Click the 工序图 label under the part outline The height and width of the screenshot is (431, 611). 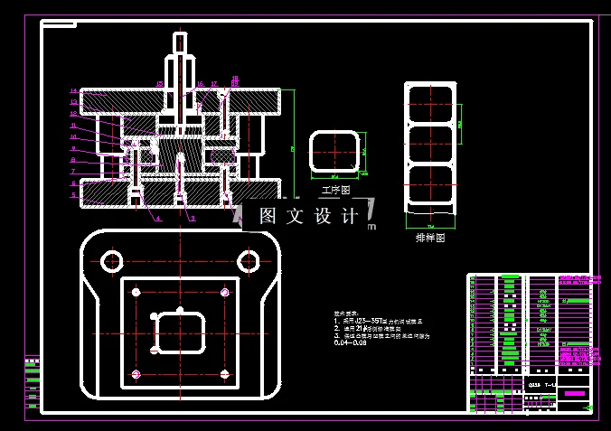pos(335,191)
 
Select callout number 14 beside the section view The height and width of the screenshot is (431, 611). pos(73,91)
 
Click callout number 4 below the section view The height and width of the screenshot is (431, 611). pos(157,219)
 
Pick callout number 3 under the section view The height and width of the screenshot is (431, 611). pos(192,219)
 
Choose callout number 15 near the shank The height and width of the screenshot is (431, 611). pos(159,84)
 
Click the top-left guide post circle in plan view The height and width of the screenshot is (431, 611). pos(112,262)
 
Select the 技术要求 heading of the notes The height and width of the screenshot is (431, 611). pos(347,312)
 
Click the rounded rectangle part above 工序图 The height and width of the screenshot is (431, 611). pos(335,151)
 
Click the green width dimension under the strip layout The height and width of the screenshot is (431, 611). pos(431,224)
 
